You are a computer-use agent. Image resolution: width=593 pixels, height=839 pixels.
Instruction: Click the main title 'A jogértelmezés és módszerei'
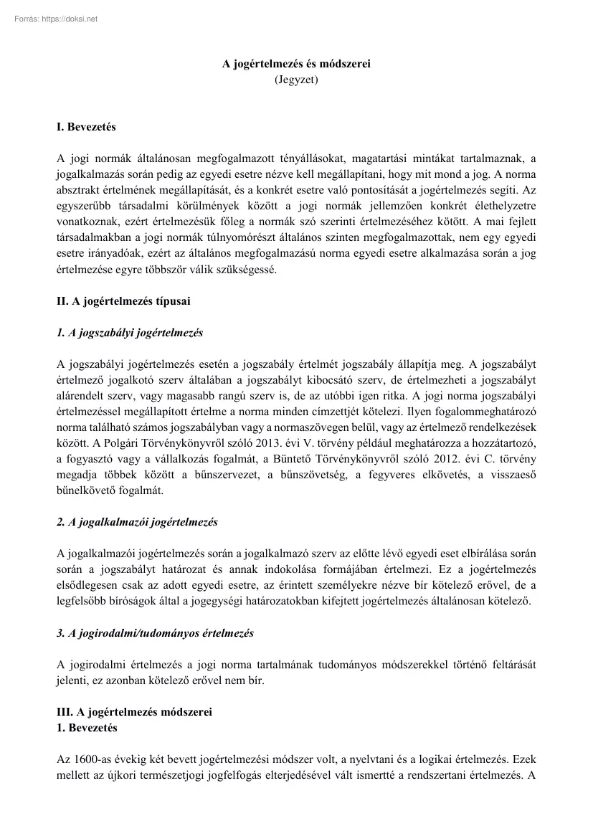296,65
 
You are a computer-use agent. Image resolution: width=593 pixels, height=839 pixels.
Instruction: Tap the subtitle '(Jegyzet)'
296,80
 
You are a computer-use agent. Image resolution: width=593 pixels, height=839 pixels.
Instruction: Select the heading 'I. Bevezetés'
85,128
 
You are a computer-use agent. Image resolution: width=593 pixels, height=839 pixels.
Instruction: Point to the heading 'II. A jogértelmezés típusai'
123,302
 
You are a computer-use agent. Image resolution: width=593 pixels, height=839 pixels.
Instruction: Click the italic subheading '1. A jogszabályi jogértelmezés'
129,333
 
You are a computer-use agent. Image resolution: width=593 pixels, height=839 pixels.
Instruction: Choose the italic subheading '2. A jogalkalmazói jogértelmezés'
136,522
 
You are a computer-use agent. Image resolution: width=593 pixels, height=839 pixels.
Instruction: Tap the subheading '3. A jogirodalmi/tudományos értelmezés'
154,633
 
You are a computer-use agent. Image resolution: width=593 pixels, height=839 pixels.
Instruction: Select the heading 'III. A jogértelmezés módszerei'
134,712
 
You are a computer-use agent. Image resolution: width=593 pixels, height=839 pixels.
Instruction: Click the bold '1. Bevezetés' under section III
86,727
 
